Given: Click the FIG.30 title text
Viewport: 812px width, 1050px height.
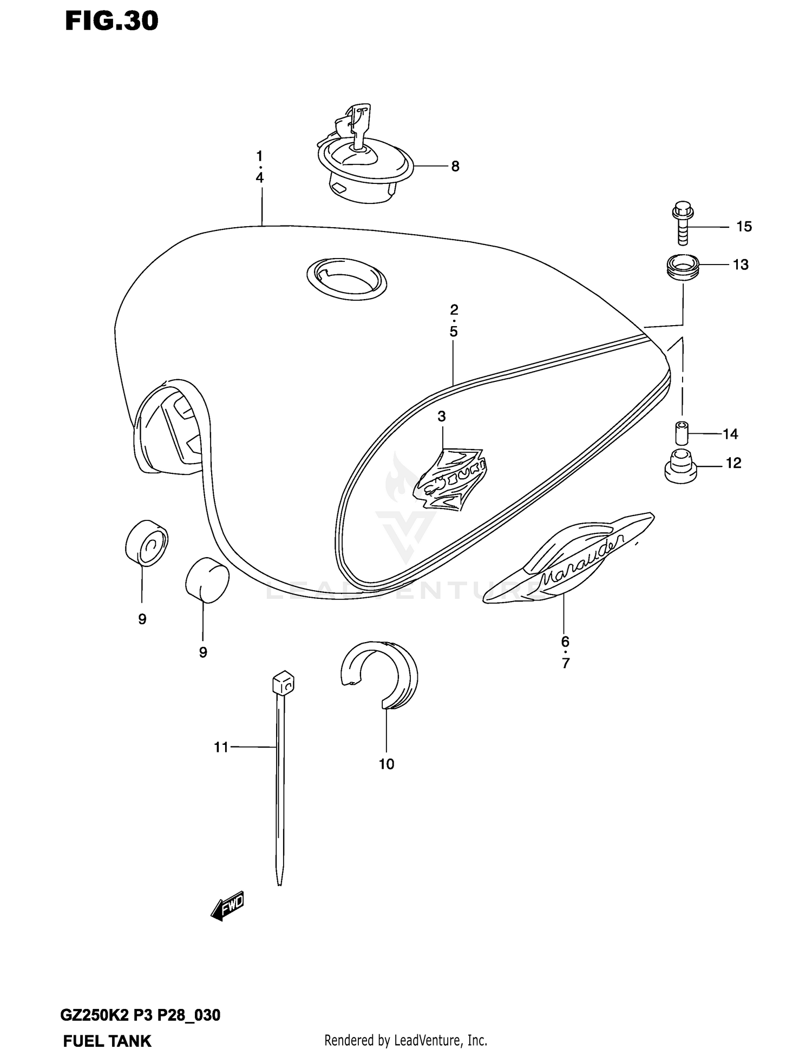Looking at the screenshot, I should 112,21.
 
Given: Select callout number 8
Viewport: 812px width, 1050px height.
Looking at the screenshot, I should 455,167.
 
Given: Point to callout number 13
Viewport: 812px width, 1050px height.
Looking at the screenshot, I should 741,265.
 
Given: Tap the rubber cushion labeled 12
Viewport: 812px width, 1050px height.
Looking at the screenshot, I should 680,466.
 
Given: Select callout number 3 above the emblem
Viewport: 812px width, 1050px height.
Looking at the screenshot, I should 442,417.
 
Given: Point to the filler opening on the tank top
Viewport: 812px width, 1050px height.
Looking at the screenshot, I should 346,278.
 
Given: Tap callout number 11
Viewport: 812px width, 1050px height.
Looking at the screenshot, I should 221,747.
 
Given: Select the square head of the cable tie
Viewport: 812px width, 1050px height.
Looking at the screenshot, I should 283,684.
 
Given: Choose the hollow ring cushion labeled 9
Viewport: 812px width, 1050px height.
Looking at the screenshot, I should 146,543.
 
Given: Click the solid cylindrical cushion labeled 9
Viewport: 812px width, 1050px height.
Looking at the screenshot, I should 207,580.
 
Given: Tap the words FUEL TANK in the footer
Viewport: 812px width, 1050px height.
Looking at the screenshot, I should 107,1041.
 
